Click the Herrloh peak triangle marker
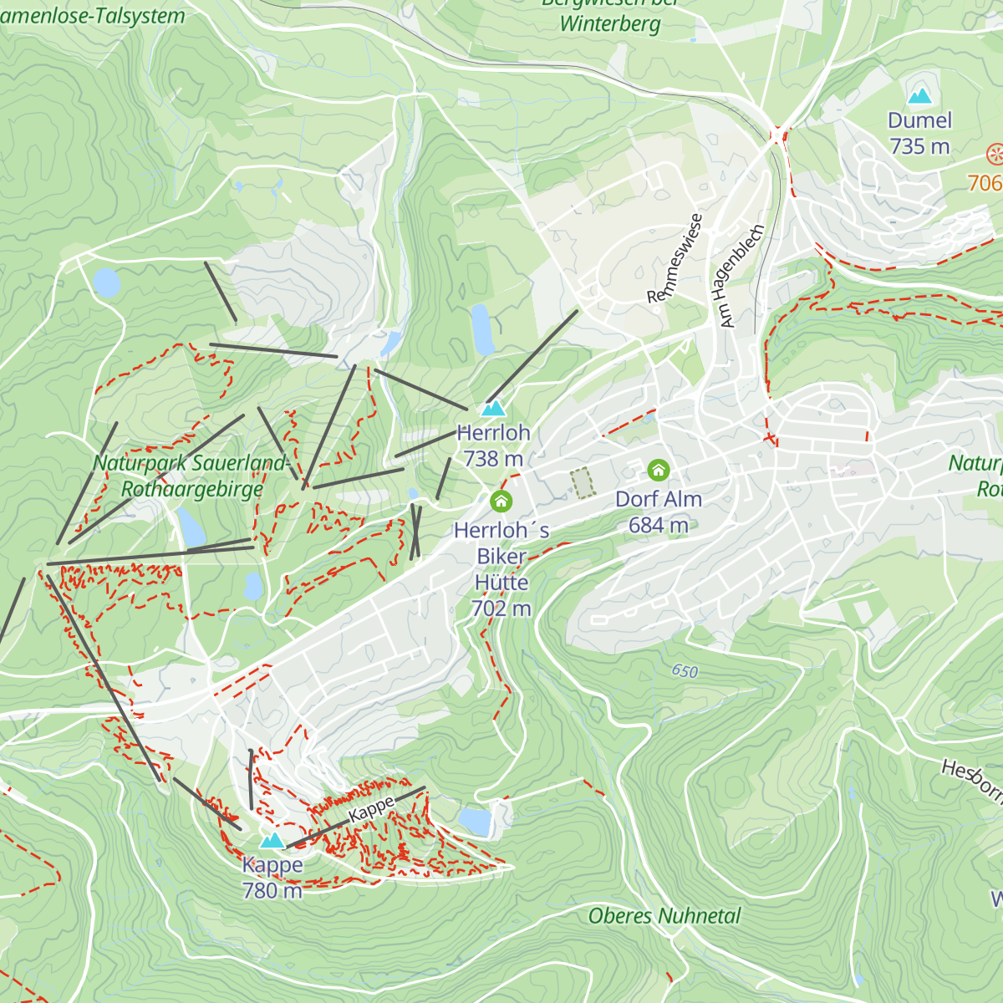pyautogui.click(x=494, y=409)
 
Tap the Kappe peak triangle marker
pyautogui.click(x=272, y=840)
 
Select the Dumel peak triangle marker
pyautogui.click(x=919, y=96)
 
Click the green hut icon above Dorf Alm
pyautogui.click(x=659, y=470)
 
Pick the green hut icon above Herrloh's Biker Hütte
pyautogui.click(x=501, y=501)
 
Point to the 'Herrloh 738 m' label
pyautogui.click(x=494, y=445)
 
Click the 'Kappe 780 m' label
pyautogui.click(x=272, y=878)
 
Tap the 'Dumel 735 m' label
pyautogui.click(x=919, y=134)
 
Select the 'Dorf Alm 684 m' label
pyautogui.click(x=659, y=512)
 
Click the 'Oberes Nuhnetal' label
pyautogui.click(x=664, y=916)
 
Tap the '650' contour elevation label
pyautogui.click(x=685, y=671)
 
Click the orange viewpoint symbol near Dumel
pyautogui.click(x=995, y=154)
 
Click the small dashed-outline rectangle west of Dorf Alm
pyautogui.click(x=582, y=482)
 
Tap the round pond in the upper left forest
pyautogui.click(x=106, y=283)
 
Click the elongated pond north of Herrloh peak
pyautogui.click(x=482, y=329)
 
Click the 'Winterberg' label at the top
pyautogui.click(x=610, y=23)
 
